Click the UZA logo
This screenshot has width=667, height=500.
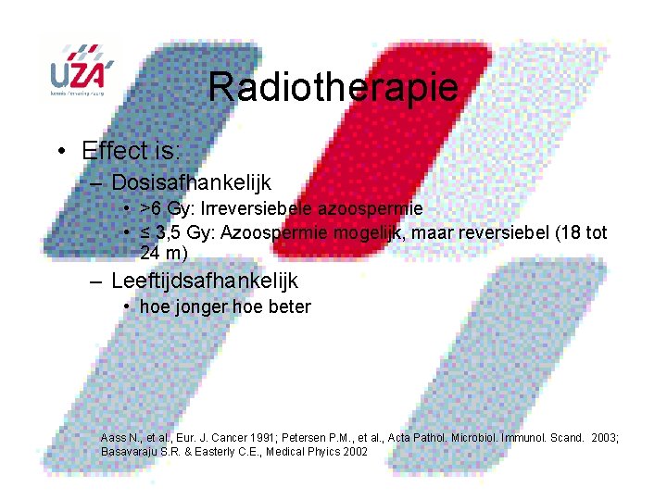coord(82,70)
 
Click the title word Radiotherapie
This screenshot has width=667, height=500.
coord(333,88)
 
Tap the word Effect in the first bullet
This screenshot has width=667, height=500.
coord(112,151)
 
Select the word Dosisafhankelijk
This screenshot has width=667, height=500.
coord(191,183)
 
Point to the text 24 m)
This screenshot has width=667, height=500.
coord(164,252)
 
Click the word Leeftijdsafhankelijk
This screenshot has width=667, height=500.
coord(205,281)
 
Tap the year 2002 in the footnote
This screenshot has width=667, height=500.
coord(355,451)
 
